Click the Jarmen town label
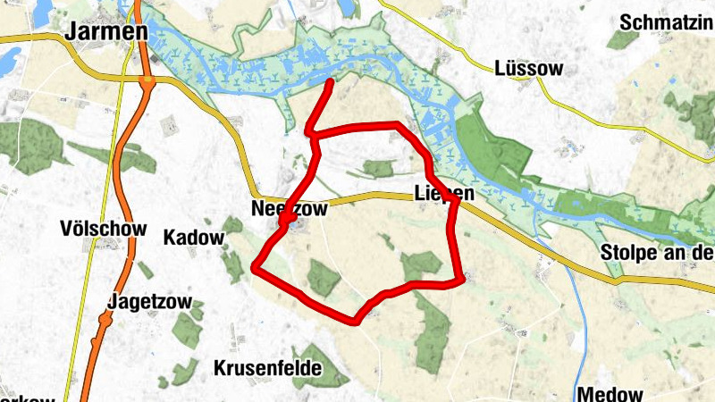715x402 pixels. [x=106, y=31]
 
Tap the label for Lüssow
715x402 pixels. [x=528, y=69]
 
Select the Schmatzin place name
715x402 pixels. [x=665, y=22]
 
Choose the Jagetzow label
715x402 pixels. [x=149, y=301]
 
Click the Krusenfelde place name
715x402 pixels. [x=267, y=367]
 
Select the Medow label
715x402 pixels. [x=610, y=393]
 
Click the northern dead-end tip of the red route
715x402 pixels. [x=331, y=83]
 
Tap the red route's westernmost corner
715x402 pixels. [x=257, y=266]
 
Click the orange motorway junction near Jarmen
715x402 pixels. [x=147, y=81]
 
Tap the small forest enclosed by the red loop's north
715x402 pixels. [x=379, y=167]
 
